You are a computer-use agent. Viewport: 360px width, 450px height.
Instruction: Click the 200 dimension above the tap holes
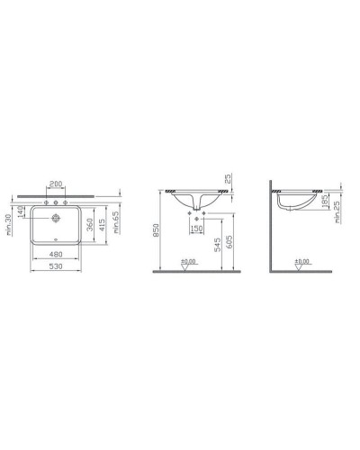pyautogui.click(x=57, y=183)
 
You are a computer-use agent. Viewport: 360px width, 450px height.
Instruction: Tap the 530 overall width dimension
pyautogui.click(x=57, y=266)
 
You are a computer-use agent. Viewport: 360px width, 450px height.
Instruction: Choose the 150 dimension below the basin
pyautogui.click(x=197, y=228)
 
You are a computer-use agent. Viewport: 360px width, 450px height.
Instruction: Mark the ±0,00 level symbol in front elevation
pyautogui.click(x=189, y=262)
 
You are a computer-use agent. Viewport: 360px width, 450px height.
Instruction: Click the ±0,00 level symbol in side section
pyautogui.click(x=301, y=262)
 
